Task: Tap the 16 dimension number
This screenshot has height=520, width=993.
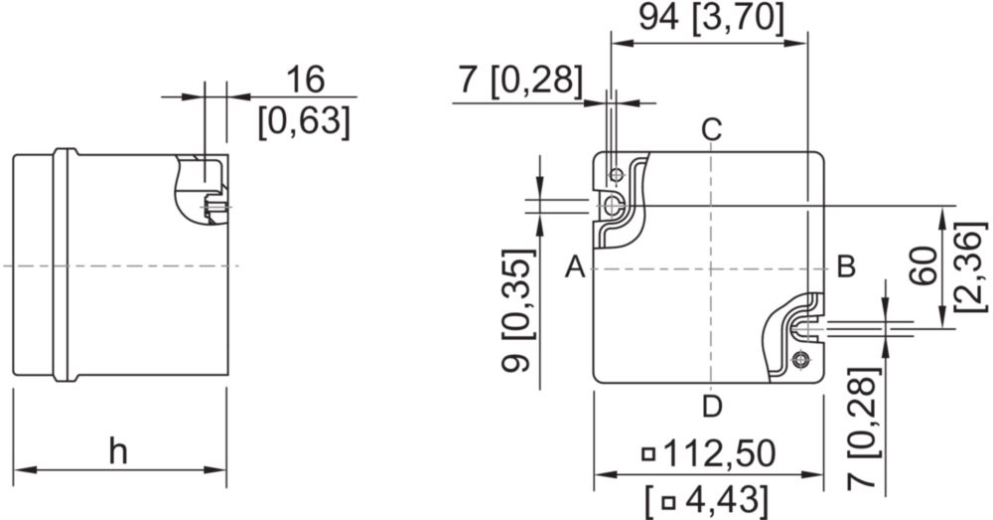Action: point(305,79)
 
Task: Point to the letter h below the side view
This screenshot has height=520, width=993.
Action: point(118,451)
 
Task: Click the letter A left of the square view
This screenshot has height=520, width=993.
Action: point(575,266)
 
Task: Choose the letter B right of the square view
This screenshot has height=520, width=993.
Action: point(847,266)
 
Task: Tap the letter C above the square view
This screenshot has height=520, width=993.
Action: point(712,130)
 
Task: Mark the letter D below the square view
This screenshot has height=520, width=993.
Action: point(712,406)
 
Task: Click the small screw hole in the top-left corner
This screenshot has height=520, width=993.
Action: point(616,174)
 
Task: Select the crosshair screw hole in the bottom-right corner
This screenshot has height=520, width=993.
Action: point(801,360)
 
